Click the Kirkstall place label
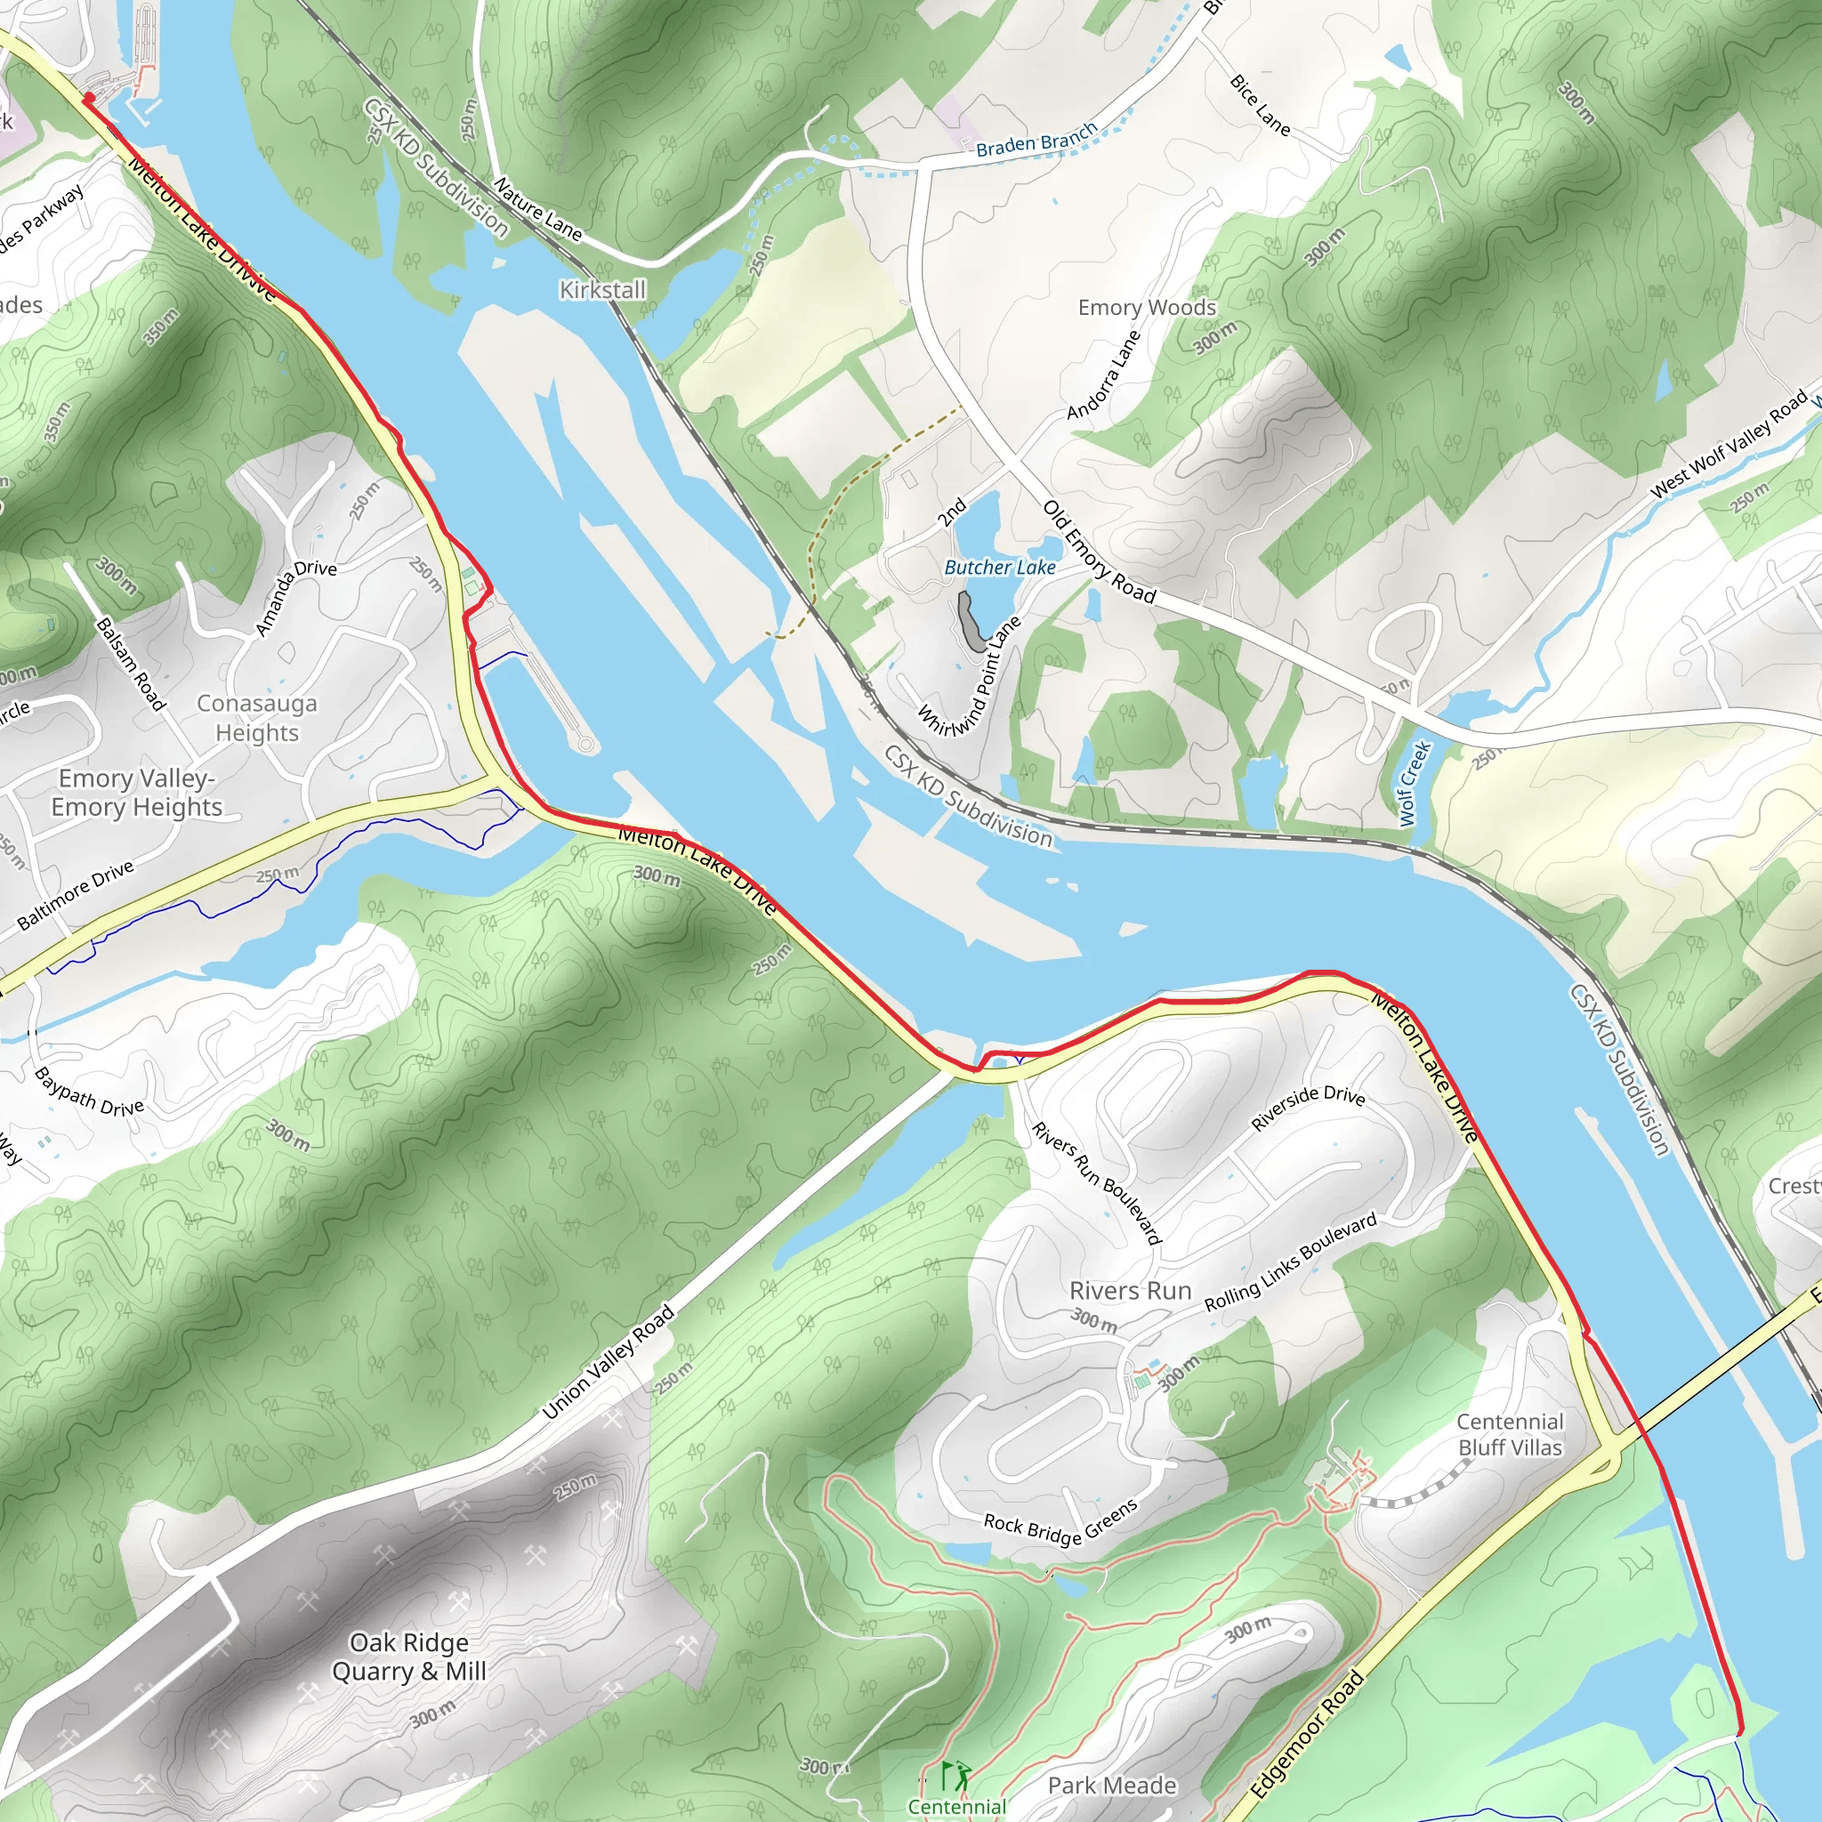602,289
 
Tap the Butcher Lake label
1000,567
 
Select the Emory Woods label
1147,308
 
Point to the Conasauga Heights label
256,718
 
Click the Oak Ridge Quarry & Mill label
408,1657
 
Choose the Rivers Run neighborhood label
1130,1290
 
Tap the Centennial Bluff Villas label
1509,1434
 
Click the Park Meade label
1112,1786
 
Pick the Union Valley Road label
609,1362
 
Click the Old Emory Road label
1099,552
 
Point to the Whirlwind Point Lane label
970,676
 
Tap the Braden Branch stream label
1036,140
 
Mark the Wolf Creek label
1415,784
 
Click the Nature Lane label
537,208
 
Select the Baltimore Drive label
76,896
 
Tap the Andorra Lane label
1103,375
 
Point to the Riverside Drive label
1307,1106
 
